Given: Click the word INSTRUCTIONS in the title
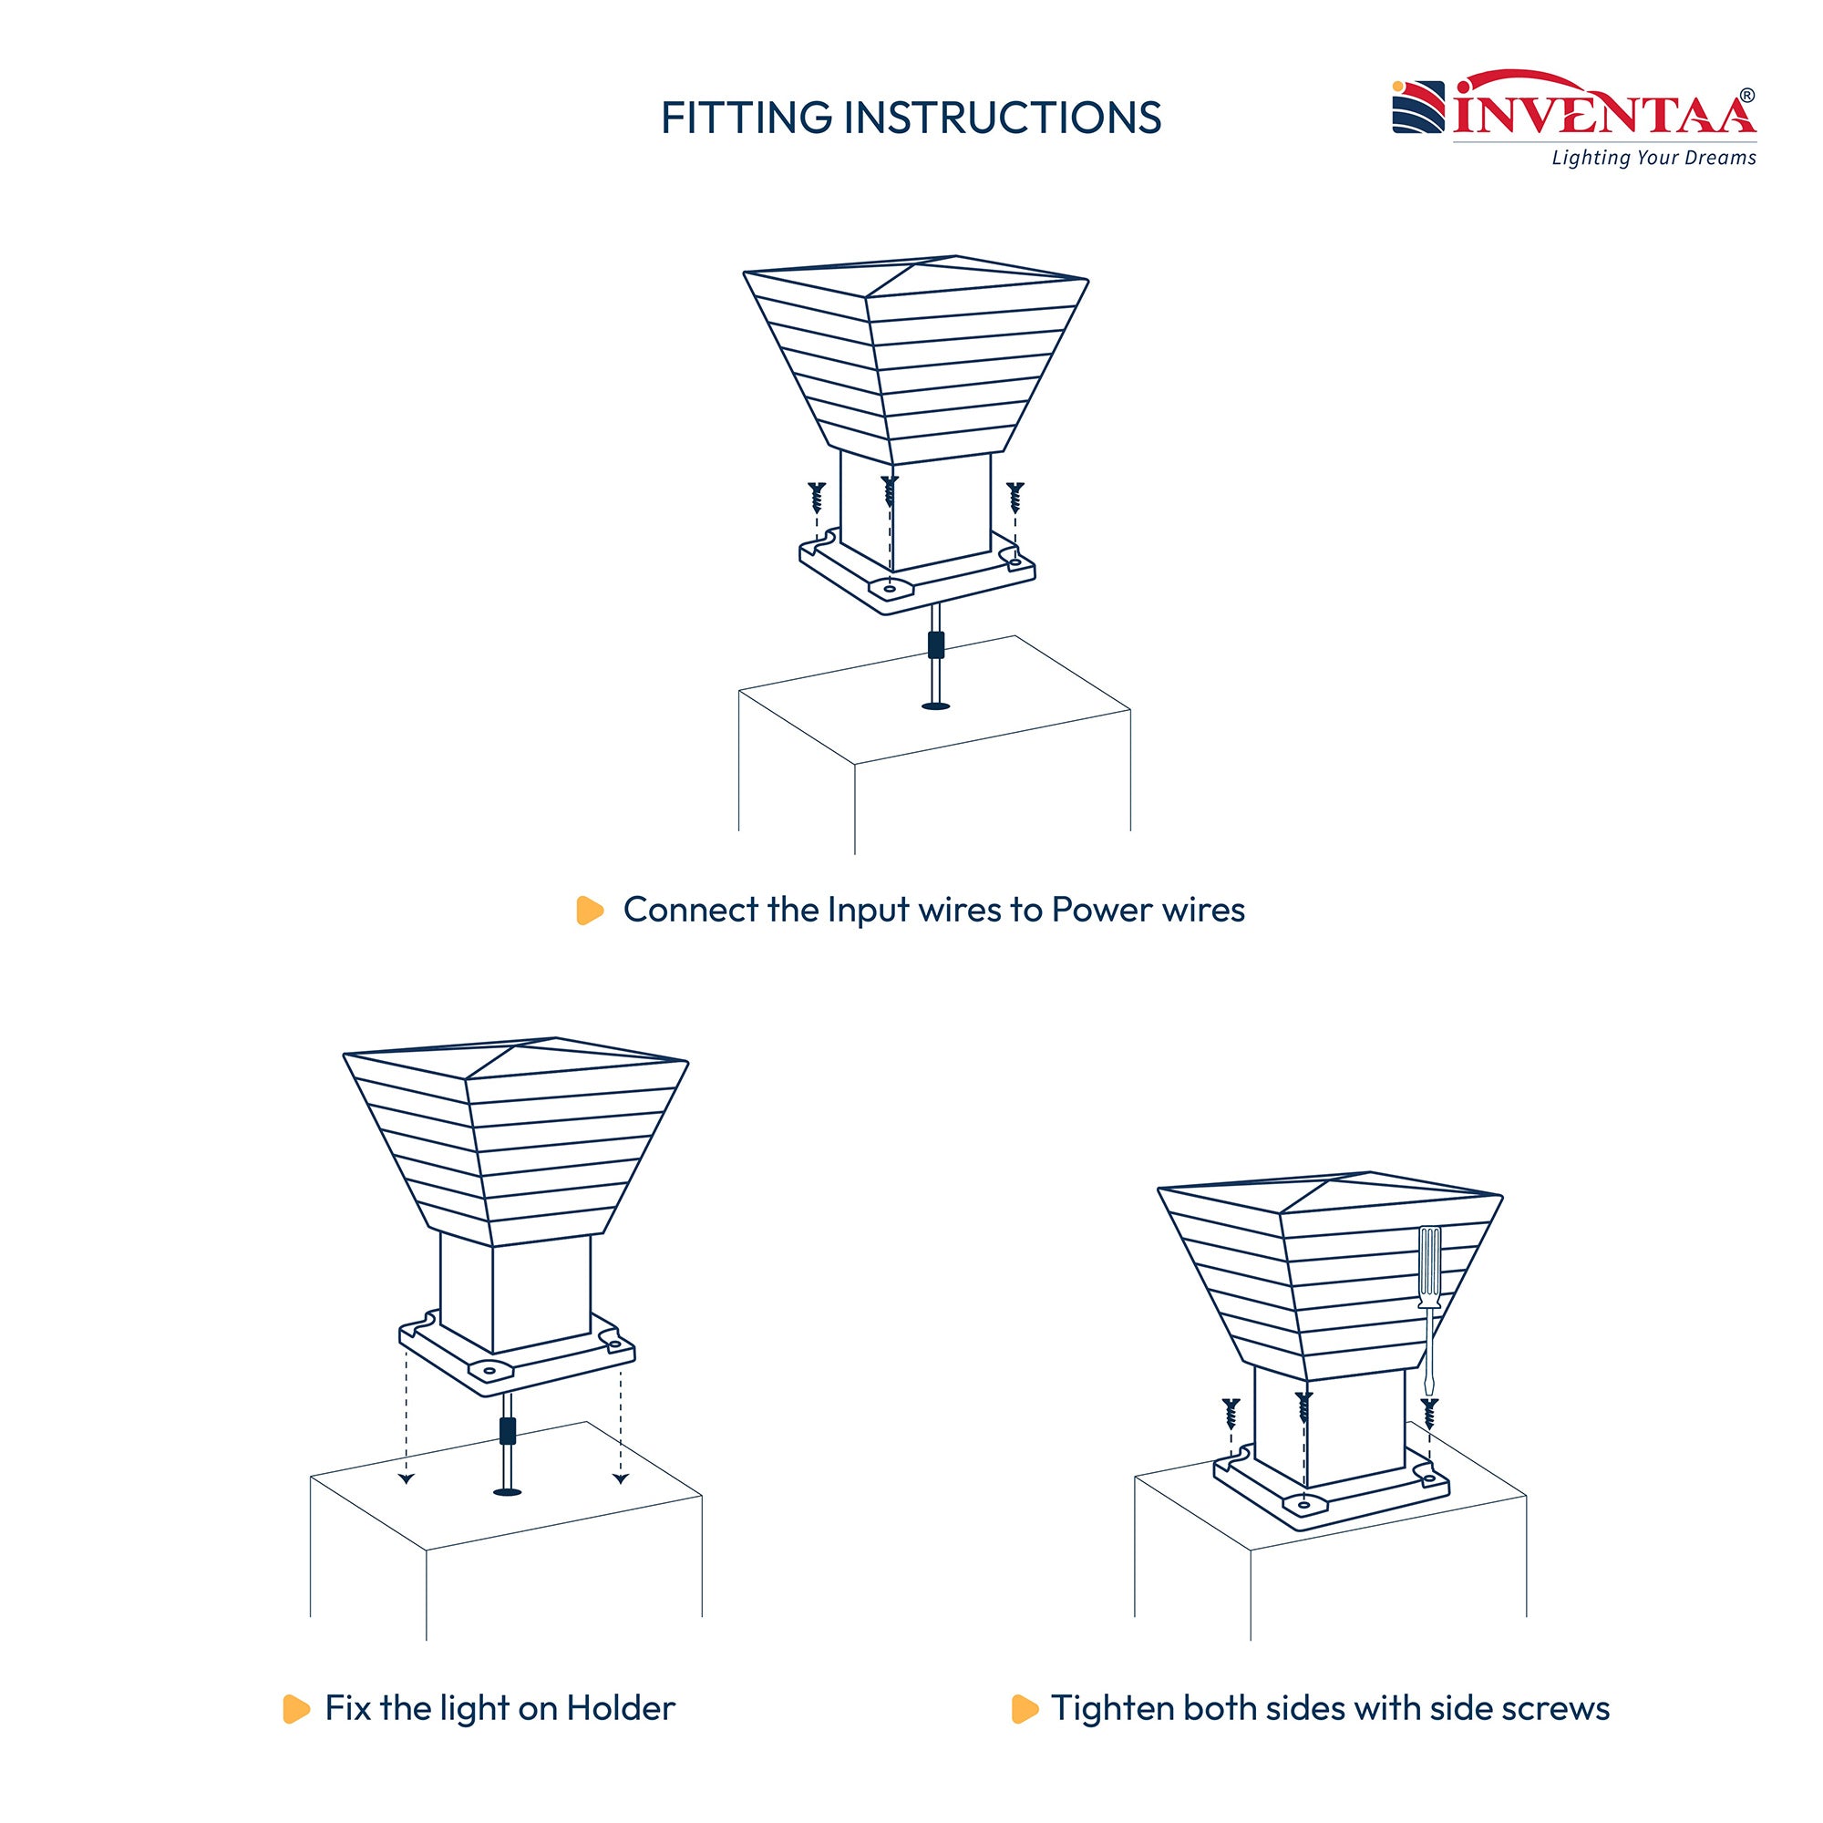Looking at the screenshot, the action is pyautogui.click(x=1002, y=118).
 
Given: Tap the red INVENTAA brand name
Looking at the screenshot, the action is pyautogui.click(x=1604, y=111).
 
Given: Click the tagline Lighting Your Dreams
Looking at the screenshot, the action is pyautogui.click(x=1654, y=158).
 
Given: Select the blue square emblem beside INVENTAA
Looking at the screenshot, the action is pyautogui.click(x=1418, y=108).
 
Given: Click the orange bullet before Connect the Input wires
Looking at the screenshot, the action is pyautogui.click(x=590, y=911).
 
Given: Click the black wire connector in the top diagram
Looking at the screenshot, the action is pyautogui.click(x=936, y=644).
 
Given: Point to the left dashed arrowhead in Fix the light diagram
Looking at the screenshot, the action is pyautogui.click(x=406, y=1478).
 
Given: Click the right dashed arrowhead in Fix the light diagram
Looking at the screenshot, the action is pyautogui.click(x=621, y=1478).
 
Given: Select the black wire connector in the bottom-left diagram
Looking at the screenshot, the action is pyautogui.click(x=508, y=1431).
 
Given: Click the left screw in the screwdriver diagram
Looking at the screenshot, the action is pyautogui.click(x=1231, y=1413).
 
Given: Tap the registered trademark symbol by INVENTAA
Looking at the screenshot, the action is pyautogui.click(x=1747, y=96).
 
